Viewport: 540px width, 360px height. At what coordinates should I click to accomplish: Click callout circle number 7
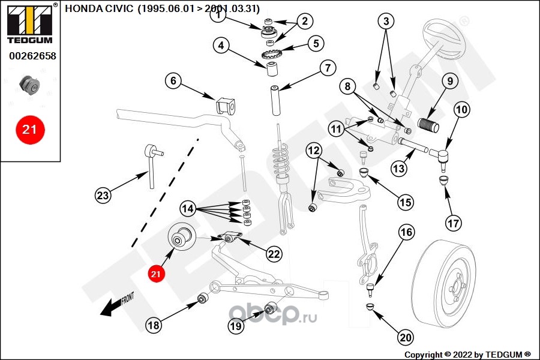(x=327, y=68)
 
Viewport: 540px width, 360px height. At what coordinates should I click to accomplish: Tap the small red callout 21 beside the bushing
(x=156, y=274)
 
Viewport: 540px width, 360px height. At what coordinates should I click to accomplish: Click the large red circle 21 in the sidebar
(x=30, y=129)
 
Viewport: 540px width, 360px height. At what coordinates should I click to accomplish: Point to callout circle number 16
(x=406, y=232)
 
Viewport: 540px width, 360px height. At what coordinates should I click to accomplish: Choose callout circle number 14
(x=189, y=209)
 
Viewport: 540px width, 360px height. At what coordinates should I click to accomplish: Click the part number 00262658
(x=32, y=56)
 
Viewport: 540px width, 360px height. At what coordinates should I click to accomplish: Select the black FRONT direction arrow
(x=112, y=306)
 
